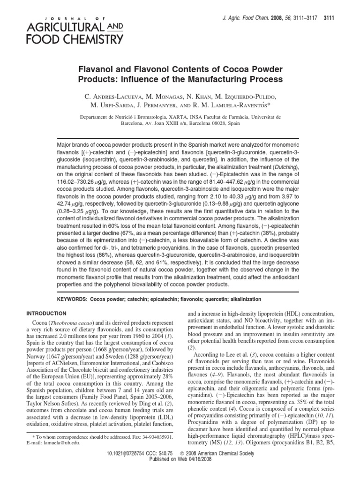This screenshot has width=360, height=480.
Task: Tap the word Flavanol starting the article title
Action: point(97,68)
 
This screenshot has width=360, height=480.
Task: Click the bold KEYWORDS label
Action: point(73,299)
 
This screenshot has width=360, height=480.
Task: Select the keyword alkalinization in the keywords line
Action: point(246,299)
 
